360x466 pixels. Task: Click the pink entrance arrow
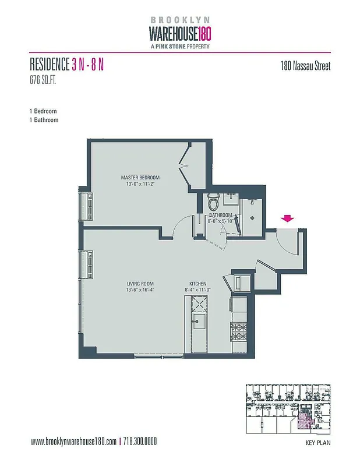[287, 218]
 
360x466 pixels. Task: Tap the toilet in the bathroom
[214, 203]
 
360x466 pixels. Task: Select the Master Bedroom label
[140, 178]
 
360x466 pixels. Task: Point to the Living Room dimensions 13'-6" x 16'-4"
[140, 290]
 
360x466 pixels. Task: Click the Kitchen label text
[198, 284]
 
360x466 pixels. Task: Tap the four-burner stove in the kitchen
[239, 333]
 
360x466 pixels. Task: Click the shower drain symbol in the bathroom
[252, 216]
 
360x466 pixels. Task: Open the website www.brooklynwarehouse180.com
[73, 442]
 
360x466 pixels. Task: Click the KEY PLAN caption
[317, 443]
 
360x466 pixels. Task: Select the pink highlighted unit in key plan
[303, 421]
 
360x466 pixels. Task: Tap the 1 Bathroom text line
[44, 120]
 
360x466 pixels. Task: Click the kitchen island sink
[196, 320]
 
